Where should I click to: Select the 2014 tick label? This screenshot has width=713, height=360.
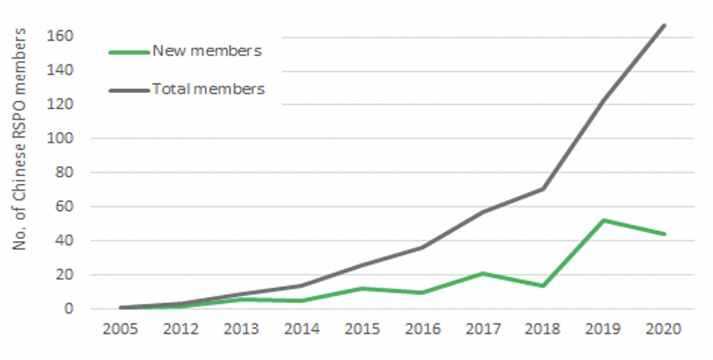[303, 329]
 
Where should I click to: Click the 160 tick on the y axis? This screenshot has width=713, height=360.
[63, 37]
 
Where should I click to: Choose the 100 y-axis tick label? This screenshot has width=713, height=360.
[63, 138]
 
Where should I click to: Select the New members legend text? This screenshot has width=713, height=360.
[206, 50]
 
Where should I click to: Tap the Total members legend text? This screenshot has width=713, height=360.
[208, 89]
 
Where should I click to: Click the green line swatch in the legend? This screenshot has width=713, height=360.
[129, 51]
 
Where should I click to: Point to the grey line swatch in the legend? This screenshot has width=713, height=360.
[129, 90]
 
